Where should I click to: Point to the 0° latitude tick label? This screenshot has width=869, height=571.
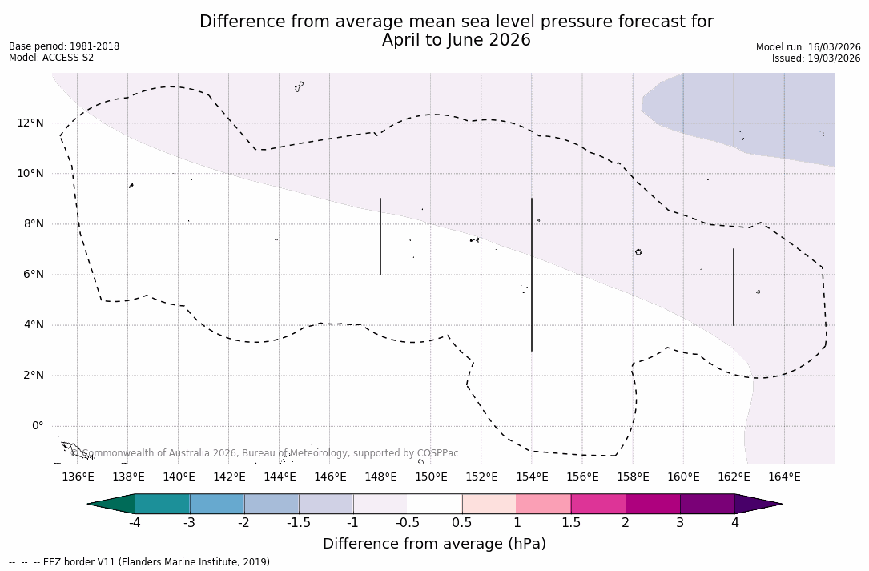coord(37,426)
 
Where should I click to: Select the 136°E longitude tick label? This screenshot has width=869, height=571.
coord(78,477)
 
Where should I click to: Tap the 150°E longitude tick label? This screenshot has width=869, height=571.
coord(431,477)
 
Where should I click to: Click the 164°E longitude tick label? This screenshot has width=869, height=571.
coord(784,477)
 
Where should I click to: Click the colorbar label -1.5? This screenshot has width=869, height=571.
coord(299,523)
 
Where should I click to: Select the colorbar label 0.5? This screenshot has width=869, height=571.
coord(462,523)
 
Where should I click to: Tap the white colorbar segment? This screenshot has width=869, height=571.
coord(435,504)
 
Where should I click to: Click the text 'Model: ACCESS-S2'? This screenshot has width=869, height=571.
coord(51,58)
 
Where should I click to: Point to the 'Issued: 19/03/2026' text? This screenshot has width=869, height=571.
coord(815,58)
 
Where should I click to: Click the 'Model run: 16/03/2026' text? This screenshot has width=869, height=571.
coord(807,47)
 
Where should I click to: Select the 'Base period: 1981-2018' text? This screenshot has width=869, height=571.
coord(64,46)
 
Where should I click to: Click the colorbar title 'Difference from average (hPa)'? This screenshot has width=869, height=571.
coord(434,545)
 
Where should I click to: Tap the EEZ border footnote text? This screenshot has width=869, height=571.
coord(140,562)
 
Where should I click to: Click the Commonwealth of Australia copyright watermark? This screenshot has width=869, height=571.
coord(264,453)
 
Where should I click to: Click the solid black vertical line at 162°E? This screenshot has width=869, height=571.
coord(734,287)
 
